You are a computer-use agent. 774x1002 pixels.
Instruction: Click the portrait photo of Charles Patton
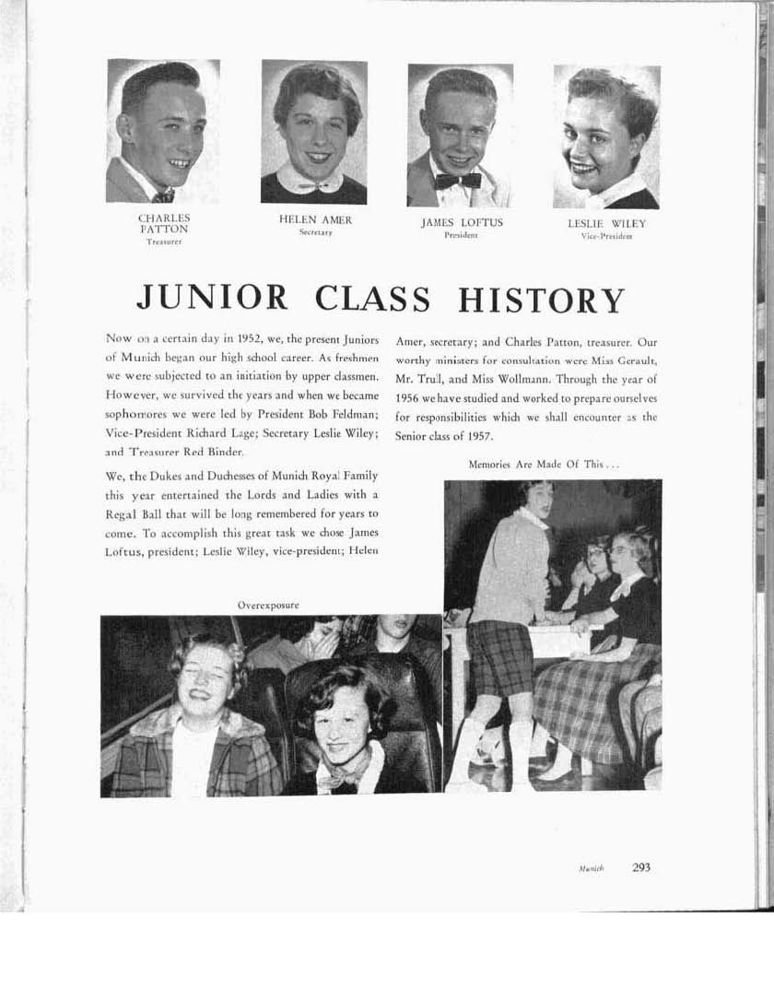[x=163, y=131]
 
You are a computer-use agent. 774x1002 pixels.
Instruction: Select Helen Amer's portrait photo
[x=314, y=132]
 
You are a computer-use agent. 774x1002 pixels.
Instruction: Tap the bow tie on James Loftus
[x=458, y=181]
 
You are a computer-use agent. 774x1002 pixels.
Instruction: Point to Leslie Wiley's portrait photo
[x=606, y=136]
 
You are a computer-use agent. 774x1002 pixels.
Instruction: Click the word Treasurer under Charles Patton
[x=164, y=242]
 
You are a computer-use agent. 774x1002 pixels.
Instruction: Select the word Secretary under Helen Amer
[x=315, y=233]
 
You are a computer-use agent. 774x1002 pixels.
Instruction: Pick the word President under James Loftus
[x=461, y=236]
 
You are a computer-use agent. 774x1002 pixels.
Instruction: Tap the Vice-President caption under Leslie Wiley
[x=606, y=236]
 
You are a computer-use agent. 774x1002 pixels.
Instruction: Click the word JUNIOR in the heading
[x=211, y=299]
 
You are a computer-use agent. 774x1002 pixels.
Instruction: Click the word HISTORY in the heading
[x=541, y=301]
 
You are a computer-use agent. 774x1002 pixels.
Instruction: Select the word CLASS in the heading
[x=372, y=300]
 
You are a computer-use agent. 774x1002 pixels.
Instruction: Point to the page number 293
[x=641, y=867]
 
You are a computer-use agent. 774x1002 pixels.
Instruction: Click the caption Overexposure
[x=268, y=605]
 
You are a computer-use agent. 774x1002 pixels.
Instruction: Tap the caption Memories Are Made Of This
[x=544, y=465]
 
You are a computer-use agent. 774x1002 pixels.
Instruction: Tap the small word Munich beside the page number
[x=592, y=869]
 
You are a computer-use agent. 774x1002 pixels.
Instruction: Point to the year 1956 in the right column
[x=407, y=399]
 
